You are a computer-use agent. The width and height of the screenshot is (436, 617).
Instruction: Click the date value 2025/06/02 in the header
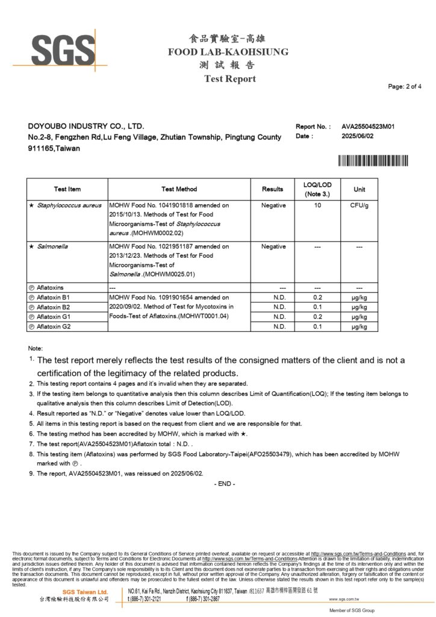point(358,136)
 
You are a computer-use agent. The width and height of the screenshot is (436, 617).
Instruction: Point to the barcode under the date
point(373,160)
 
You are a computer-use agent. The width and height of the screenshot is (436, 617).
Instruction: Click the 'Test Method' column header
point(179,189)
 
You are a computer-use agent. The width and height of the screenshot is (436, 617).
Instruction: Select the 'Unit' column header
point(360,189)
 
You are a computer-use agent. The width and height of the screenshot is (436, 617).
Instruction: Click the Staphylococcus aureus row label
point(63,205)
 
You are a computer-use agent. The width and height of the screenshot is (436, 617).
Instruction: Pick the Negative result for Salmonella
point(273,246)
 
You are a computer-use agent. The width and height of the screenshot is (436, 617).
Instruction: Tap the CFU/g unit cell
point(360,205)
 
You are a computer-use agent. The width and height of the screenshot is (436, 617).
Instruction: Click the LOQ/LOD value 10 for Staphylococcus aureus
point(317,205)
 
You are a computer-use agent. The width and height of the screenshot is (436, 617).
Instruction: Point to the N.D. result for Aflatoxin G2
point(279,327)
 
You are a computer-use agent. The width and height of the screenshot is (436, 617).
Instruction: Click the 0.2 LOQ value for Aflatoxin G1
point(317,317)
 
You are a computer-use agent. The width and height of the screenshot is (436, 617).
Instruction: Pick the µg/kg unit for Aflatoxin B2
point(360,307)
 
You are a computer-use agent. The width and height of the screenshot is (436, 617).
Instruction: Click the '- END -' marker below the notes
point(225,484)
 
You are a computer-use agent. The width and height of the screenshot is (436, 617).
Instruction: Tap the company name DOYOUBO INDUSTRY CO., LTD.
point(86,127)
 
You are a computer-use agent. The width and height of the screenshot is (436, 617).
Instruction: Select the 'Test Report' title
point(229,79)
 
